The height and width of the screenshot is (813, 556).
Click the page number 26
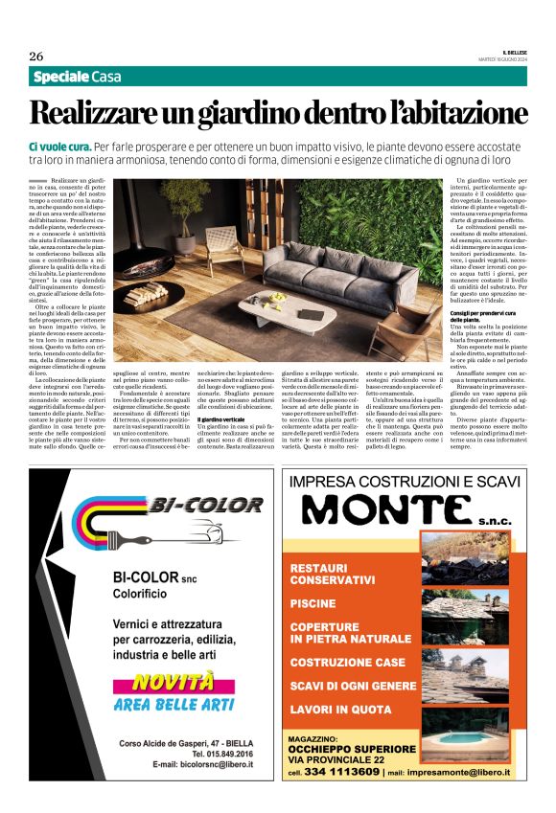36,56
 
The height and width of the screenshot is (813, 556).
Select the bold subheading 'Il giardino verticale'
222,418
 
